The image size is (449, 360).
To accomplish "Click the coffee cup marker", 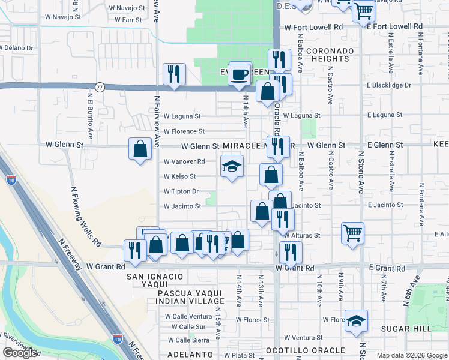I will click(240, 74).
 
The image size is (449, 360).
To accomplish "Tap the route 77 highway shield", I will click(100, 86).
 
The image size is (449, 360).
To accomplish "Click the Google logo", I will click(20, 353).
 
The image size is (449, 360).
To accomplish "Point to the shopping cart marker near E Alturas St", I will click(352, 232).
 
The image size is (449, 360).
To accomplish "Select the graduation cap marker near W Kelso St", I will click(232, 166).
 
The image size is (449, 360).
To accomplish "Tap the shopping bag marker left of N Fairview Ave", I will click(140, 148).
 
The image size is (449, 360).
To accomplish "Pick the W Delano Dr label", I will click(16, 47).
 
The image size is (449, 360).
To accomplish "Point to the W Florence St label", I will click(184, 131).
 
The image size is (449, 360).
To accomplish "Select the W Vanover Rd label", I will click(184, 161).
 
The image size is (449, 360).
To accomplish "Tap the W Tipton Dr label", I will click(181, 191).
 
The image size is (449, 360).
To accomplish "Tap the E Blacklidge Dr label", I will click(396, 85).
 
